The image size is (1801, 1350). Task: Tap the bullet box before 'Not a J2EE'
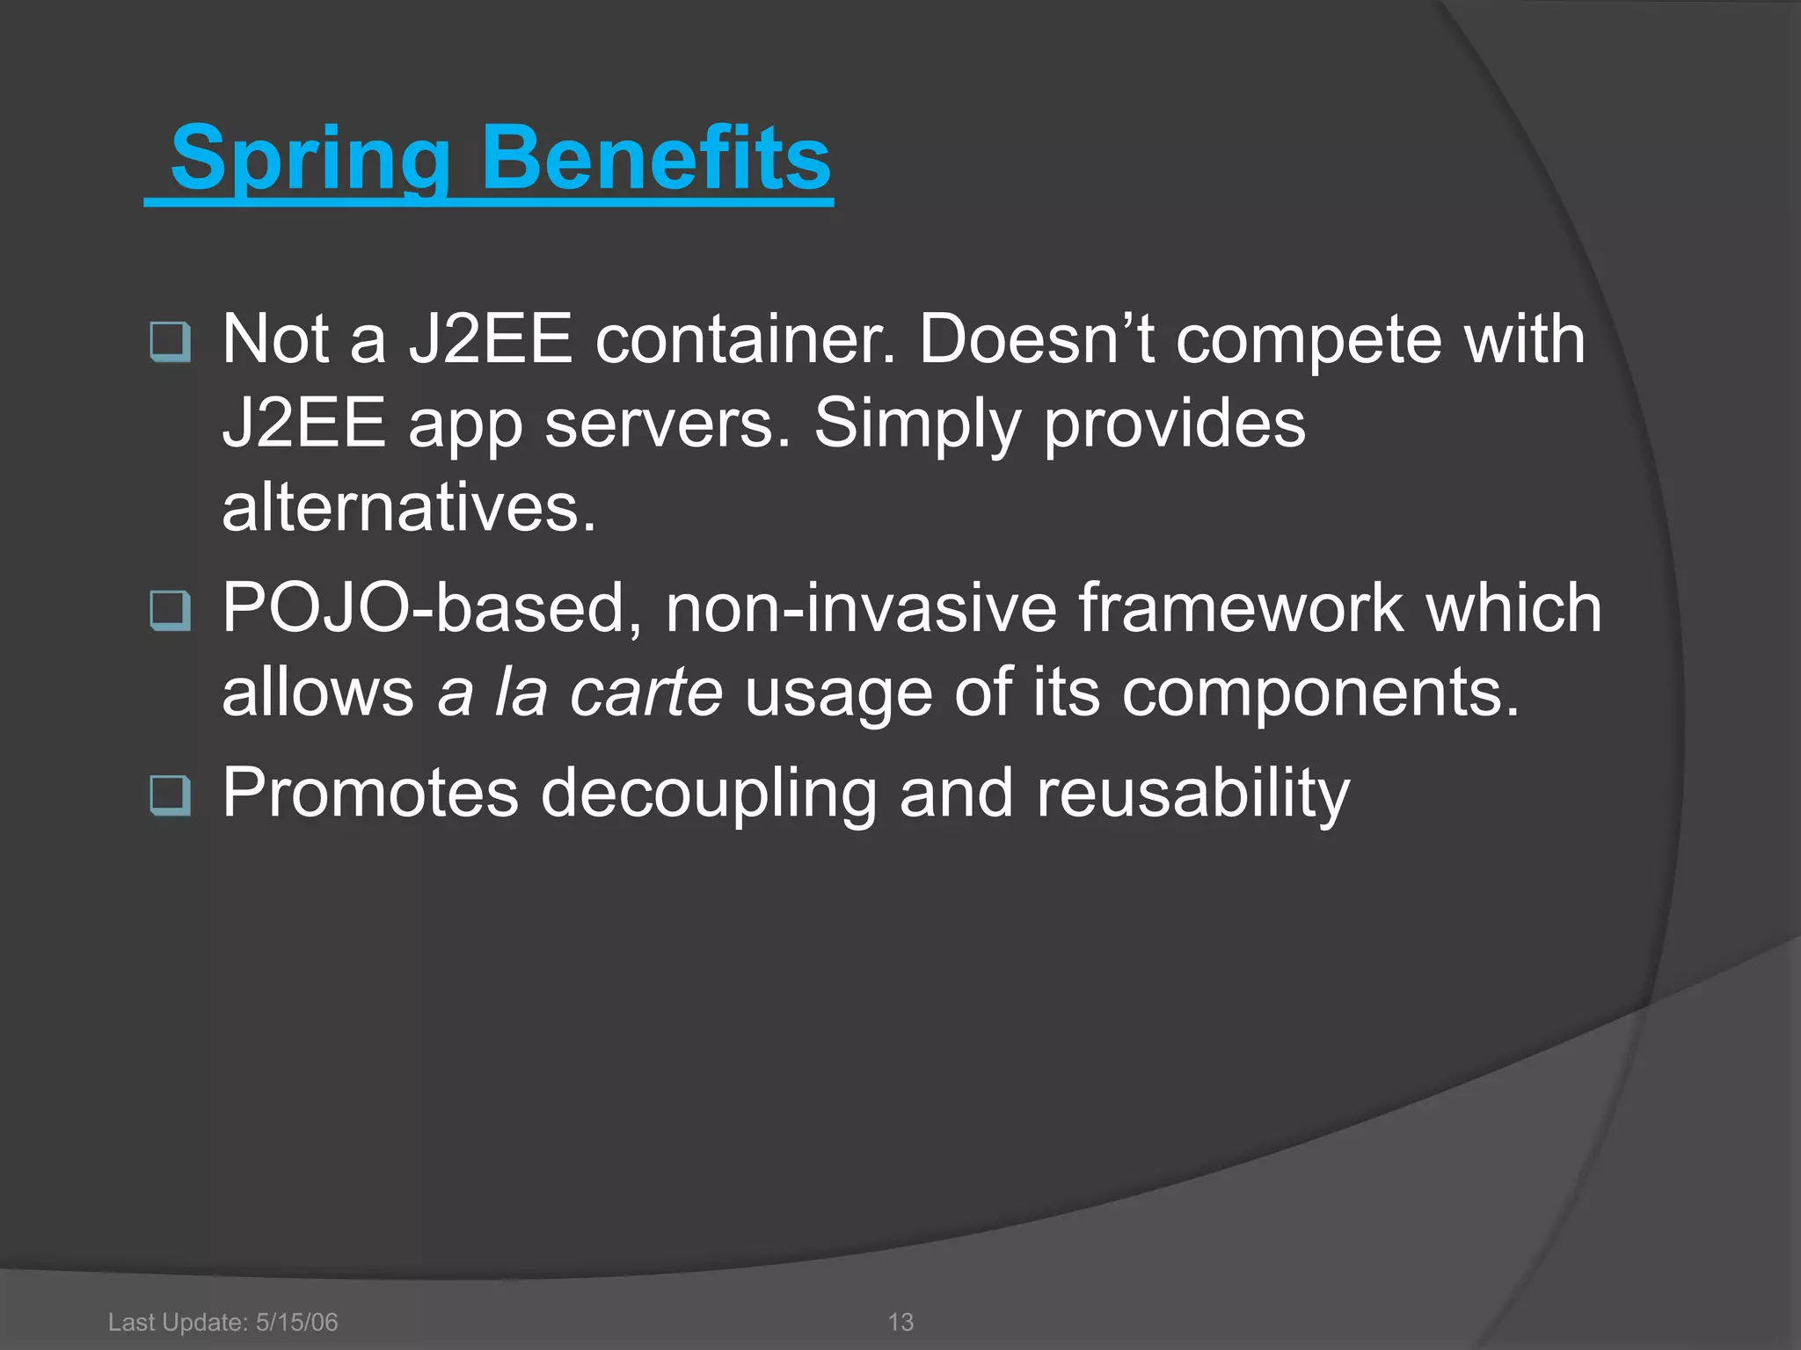tap(170, 342)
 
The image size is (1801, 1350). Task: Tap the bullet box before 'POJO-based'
tap(170, 610)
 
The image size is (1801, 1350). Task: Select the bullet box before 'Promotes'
tap(170, 795)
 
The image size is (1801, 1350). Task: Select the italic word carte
tap(645, 693)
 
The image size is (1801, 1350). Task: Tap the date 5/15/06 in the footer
tap(296, 1322)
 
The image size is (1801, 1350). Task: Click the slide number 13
tap(900, 1322)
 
